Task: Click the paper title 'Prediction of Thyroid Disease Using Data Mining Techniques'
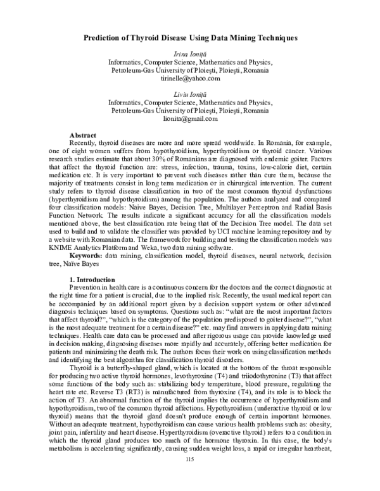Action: pos(190,39)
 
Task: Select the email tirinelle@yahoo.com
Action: pos(190,79)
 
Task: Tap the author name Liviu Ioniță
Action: pos(190,94)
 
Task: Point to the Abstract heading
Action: pos(83,135)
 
